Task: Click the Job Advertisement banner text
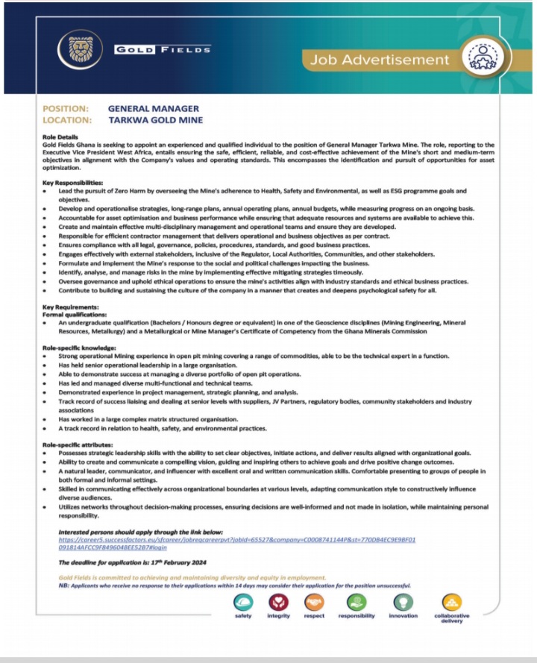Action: (x=380, y=60)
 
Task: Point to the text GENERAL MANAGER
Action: (x=153, y=109)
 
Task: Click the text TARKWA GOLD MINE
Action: (x=155, y=119)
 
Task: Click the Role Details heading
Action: (x=60, y=137)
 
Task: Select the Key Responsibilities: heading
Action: (x=73, y=183)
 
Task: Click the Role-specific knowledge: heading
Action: (x=79, y=348)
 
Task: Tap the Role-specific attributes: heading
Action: (x=79, y=446)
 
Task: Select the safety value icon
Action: (x=243, y=602)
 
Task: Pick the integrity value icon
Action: (x=279, y=602)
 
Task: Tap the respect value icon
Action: (x=314, y=602)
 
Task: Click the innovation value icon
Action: (x=403, y=602)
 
